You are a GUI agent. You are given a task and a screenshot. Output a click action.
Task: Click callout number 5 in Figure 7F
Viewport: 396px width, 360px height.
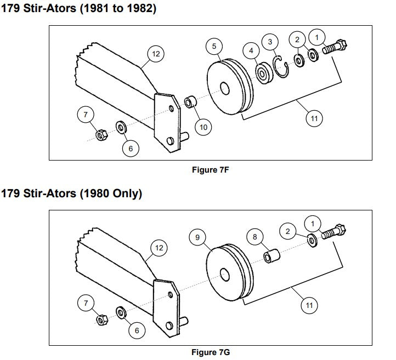click(214, 46)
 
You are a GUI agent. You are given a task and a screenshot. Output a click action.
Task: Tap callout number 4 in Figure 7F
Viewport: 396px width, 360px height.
click(251, 50)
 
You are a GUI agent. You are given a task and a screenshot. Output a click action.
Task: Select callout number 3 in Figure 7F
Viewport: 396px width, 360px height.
click(270, 41)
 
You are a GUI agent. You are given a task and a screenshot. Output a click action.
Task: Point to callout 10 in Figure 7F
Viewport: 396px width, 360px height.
click(203, 127)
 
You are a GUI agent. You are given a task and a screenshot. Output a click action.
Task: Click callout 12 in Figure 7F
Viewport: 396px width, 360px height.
click(156, 54)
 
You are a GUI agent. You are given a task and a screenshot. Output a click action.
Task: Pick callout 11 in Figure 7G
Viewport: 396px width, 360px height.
click(310, 305)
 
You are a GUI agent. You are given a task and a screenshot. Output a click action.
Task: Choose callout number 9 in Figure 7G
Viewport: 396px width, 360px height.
click(197, 237)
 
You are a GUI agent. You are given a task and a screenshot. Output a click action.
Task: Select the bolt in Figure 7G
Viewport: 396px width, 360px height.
click(332, 231)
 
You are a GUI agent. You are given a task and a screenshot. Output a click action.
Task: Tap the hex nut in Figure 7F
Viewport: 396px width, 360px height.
click(100, 134)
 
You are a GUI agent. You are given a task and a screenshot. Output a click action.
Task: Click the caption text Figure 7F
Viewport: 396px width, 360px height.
click(210, 170)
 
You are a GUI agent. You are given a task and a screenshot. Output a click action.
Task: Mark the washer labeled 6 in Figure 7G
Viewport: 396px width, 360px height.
click(120, 313)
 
